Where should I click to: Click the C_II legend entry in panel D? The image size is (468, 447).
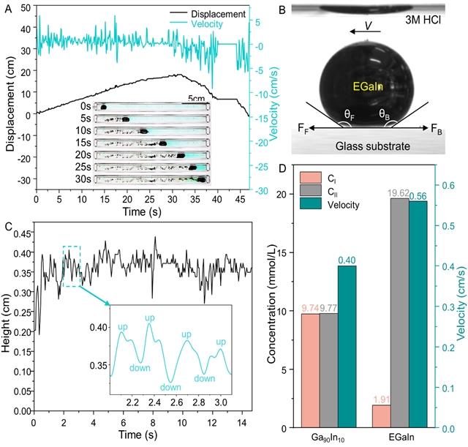[x=331, y=191]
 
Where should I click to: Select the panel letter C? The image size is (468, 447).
[x=8, y=225]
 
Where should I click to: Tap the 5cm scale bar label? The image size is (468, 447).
[x=197, y=99]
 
